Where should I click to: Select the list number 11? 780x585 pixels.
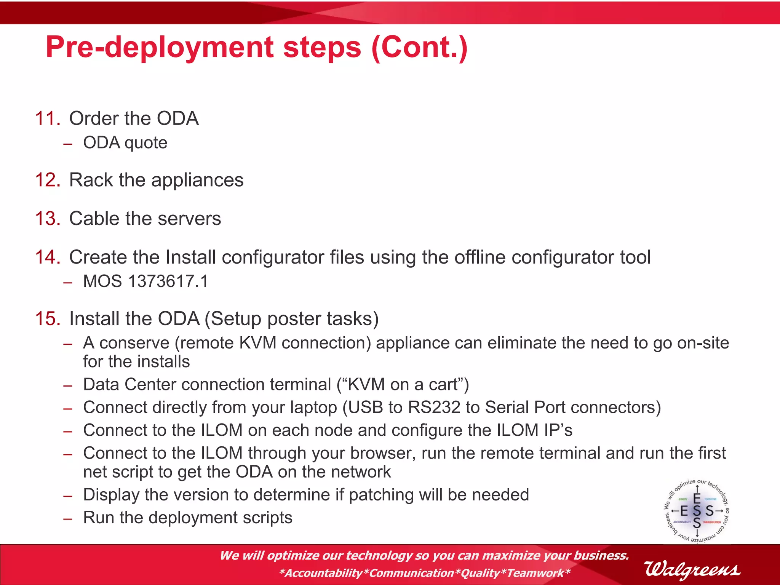click(48, 118)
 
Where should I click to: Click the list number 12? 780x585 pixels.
click(48, 180)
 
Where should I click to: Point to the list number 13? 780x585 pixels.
click(48, 219)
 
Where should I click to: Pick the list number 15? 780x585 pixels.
click(48, 319)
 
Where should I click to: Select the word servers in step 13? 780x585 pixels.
click(189, 219)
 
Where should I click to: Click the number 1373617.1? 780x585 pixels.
click(168, 281)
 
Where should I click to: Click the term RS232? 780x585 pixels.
click(434, 408)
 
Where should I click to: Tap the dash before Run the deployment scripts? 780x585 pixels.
click(68, 519)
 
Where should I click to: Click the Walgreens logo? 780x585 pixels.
click(692, 569)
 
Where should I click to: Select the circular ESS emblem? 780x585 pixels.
click(697, 511)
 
